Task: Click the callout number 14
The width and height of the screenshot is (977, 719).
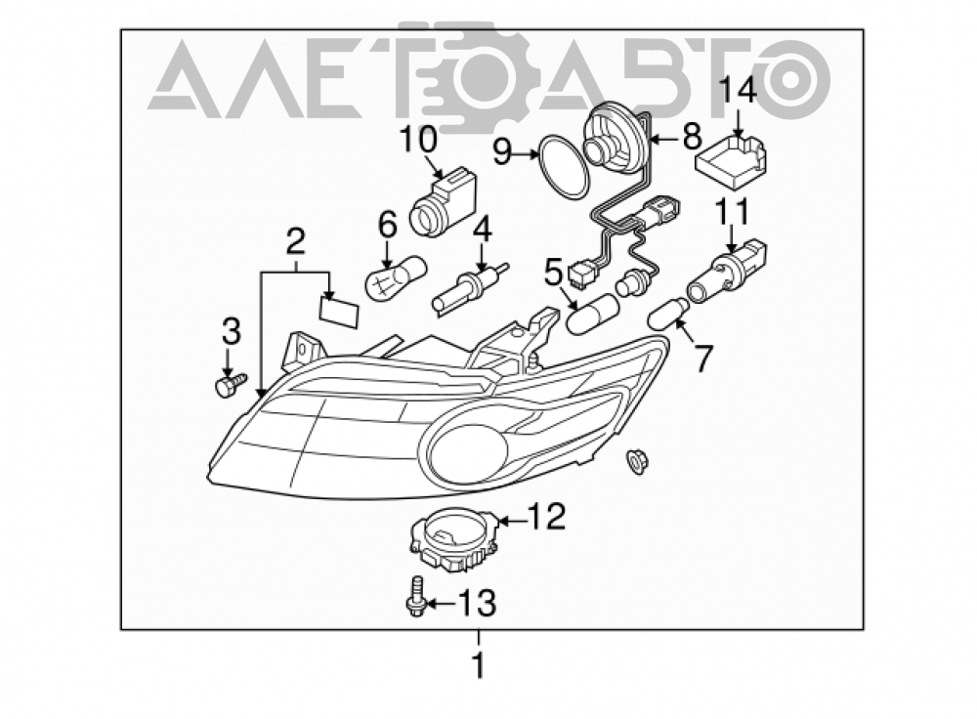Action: [739, 89]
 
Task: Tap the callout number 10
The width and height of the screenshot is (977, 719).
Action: [419, 141]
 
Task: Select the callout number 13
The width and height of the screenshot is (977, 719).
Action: [478, 603]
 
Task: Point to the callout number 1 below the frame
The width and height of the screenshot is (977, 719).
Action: [479, 665]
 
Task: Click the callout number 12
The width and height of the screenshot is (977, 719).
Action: [547, 517]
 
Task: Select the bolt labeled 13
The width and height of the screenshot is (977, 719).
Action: [416, 597]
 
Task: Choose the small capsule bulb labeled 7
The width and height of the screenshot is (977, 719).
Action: [669, 314]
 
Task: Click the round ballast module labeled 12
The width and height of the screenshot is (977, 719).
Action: [455, 539]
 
